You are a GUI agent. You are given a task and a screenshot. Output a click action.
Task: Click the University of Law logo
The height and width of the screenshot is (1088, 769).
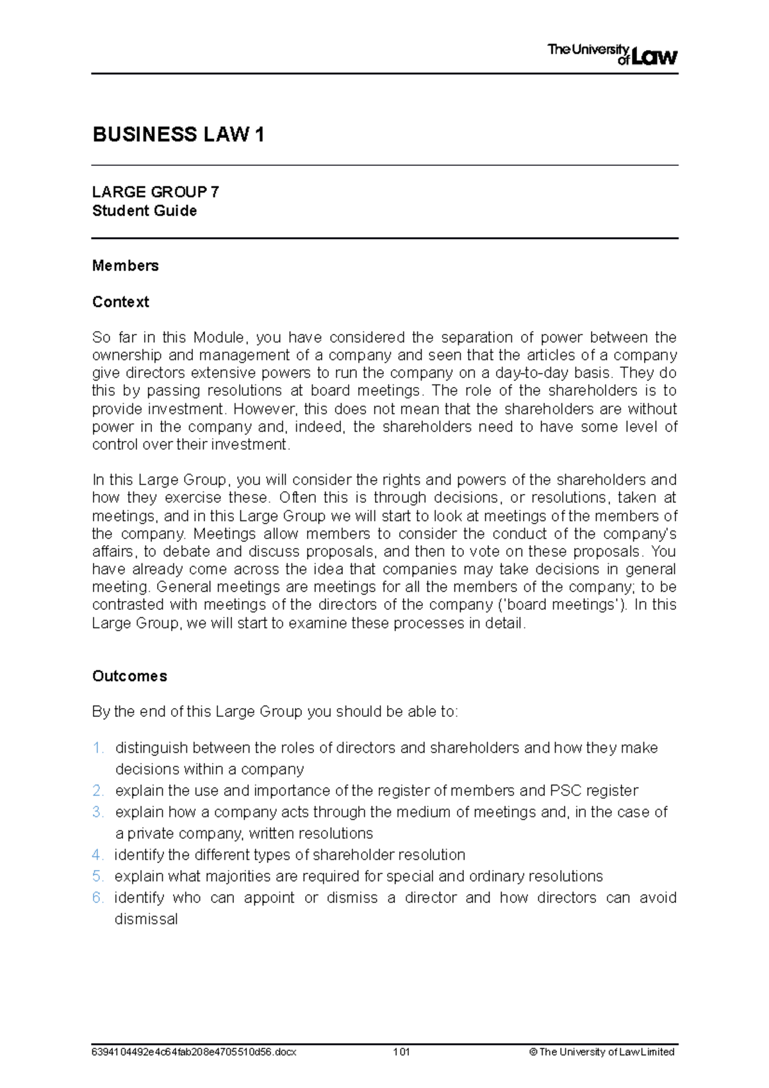(x=612, y=54)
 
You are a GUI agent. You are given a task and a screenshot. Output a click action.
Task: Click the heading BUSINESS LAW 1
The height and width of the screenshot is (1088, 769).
(x=178, y=135)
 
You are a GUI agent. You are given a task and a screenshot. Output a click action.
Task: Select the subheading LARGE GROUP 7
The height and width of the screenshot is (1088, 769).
(x=155, y=192)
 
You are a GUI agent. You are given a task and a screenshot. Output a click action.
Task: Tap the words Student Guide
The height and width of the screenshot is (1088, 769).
(x=144, y=211)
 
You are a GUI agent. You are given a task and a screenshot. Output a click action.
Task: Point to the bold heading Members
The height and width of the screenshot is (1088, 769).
(x=125, y=265)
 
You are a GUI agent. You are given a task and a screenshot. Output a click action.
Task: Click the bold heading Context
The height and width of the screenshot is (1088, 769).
(x=120, y=302)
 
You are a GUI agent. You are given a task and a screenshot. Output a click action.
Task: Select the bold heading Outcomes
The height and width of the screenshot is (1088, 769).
(x=129, y=676)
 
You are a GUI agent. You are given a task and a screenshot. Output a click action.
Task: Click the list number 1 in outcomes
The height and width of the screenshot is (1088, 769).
(x=97, y=748)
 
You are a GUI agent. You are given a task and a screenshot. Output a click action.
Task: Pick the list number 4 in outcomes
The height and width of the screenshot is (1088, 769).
(x=97, y=855)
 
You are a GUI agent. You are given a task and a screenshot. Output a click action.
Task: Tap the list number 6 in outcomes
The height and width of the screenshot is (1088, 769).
(x=97, y=898)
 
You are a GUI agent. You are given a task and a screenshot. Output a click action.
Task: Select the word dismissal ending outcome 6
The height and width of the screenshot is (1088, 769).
(x=146, y=919)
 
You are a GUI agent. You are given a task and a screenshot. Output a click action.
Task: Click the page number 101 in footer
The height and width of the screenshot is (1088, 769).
(x=402, y=1052)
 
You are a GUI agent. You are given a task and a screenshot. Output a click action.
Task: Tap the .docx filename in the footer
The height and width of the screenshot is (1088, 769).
(x=194, y=1052)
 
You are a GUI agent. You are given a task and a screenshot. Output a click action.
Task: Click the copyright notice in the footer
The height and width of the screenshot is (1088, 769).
(x=602, y=1052)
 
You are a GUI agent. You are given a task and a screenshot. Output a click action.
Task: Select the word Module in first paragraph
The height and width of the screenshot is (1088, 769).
(x=219, y=338)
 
